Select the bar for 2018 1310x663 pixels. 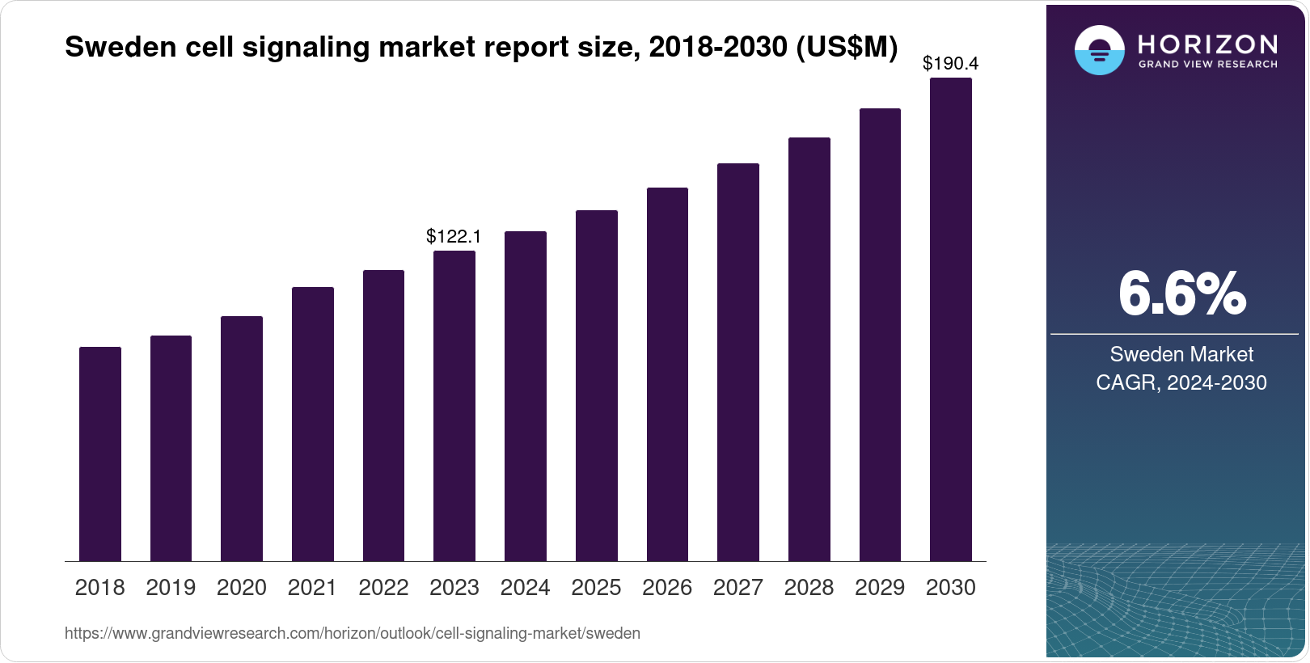tap(100, 454)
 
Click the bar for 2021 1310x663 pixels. tap(313, 424)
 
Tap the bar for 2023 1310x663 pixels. tap(454, 406)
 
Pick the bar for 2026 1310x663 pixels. tap(667, 374)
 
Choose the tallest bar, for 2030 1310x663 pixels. tap(951, 319)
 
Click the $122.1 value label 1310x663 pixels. tap(454, 236)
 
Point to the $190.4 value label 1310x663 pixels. tap(950, 63)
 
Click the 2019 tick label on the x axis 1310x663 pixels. tap(171, 588)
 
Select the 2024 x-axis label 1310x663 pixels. tap(525, 588)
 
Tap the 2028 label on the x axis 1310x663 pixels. tap(809, 588)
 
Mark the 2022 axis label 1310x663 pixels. tap(383, 588)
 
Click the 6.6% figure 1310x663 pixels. tap(1181, 293)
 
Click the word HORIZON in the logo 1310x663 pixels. tap(1208, 44)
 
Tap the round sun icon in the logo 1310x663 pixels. tap(1099, 50)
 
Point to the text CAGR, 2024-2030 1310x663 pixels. tap(1181, 382)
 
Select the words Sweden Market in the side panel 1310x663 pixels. tap(1181, 354)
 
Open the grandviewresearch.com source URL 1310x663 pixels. tap(352, 634)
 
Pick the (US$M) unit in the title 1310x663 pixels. tap(847, 48)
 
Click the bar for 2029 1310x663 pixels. tap(880, 335)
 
